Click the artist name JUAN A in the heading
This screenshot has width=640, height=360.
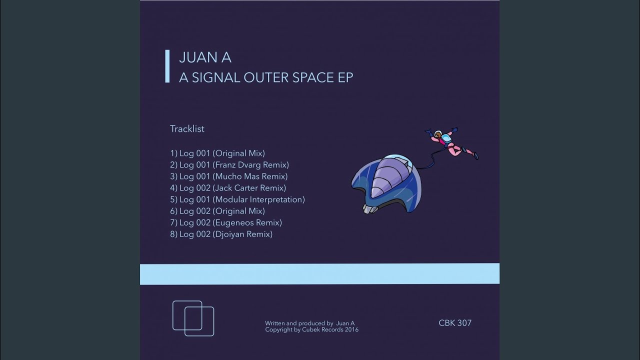click(x=205, y=57)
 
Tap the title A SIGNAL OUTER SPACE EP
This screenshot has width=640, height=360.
click(x=266, y=77)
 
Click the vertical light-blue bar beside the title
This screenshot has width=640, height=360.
click(x=167, y=66)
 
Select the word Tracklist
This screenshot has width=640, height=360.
click(x=187, y=129)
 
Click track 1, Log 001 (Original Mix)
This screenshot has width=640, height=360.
click(x=217, y=153)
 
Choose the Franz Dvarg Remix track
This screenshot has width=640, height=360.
click(x=229, y=165)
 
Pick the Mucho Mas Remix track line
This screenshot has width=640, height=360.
click(x=229, y=176)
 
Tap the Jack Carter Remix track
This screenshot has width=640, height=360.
click(x=228, y=188)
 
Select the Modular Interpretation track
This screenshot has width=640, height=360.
click(x=237, y=199)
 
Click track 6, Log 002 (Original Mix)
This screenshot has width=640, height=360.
click(x=217, y=211)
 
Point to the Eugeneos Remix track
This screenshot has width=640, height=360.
click(x=226, y=222)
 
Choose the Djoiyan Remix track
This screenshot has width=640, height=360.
click(x=221, y=234)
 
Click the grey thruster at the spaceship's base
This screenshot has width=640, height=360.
click(x=370, y=208)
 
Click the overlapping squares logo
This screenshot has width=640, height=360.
click(x=193, y=318)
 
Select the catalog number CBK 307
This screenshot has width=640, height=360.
click(x=455, y=323)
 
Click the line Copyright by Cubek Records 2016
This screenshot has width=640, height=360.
click(x=311, y=329)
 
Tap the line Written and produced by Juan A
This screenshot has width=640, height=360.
click(x=309, y=323)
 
